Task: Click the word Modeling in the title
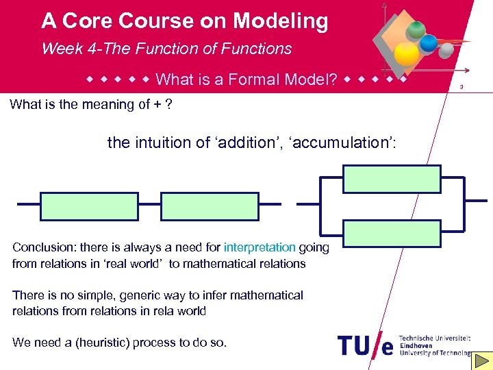[280, 22]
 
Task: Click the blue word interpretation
[260, 247]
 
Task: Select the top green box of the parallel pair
[392, 179]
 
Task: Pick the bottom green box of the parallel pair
[392, 234]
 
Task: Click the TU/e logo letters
[366, 345]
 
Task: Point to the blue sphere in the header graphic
[429, 43]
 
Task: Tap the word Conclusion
[40, 247]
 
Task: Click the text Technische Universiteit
[434, 338]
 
